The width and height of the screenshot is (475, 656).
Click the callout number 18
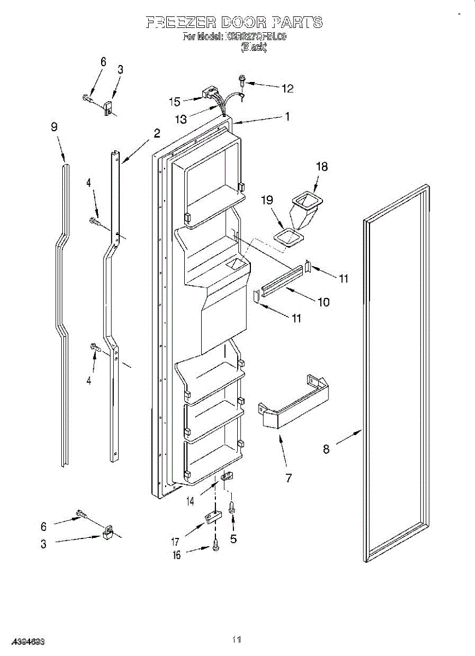322,167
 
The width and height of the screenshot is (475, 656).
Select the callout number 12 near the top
287,88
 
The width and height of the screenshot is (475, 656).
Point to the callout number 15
174,101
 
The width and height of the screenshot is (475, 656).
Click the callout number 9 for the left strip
54,127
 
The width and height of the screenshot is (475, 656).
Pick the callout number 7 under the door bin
288,478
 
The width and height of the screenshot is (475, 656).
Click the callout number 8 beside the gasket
326,449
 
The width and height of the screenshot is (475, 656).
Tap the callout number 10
324,301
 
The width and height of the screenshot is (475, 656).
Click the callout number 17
175,542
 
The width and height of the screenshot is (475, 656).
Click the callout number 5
233,539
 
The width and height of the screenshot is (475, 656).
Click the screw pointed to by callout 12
242,81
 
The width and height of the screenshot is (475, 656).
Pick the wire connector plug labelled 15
209,93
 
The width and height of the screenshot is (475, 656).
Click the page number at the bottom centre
236,639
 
